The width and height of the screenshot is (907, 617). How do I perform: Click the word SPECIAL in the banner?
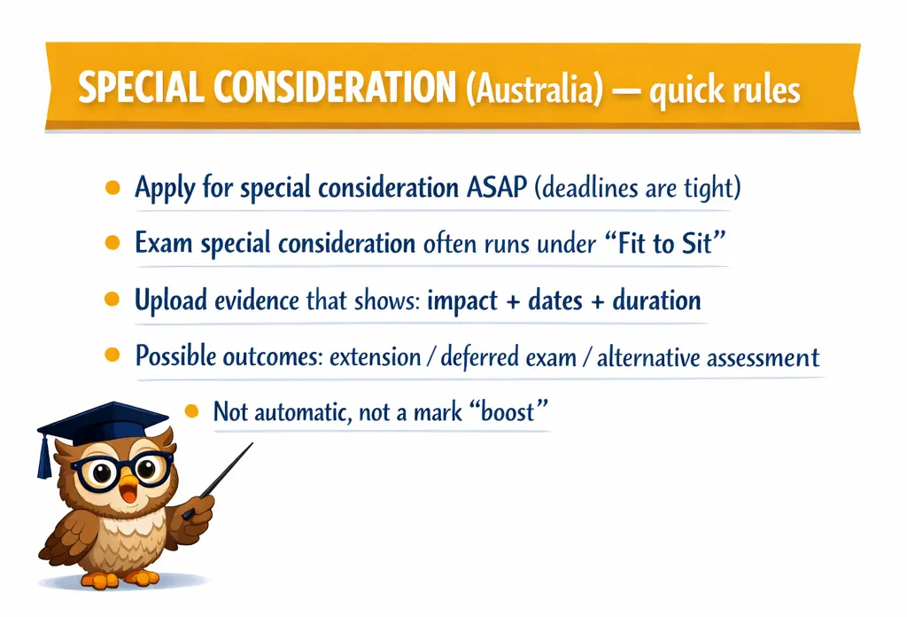(141, 88)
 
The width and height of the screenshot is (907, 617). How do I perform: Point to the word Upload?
(171, 301)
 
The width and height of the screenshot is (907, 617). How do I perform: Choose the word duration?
(656, 301)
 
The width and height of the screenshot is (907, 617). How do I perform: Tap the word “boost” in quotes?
(506, 411)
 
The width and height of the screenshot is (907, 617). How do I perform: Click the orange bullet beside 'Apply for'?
(112, 188)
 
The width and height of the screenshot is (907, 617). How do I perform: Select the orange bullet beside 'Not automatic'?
(191, 411)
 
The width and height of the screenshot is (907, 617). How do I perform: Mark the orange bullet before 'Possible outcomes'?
(112, 355)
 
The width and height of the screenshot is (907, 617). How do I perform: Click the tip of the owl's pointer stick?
(252, 443)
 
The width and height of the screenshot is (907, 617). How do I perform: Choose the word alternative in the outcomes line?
(646, 357)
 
